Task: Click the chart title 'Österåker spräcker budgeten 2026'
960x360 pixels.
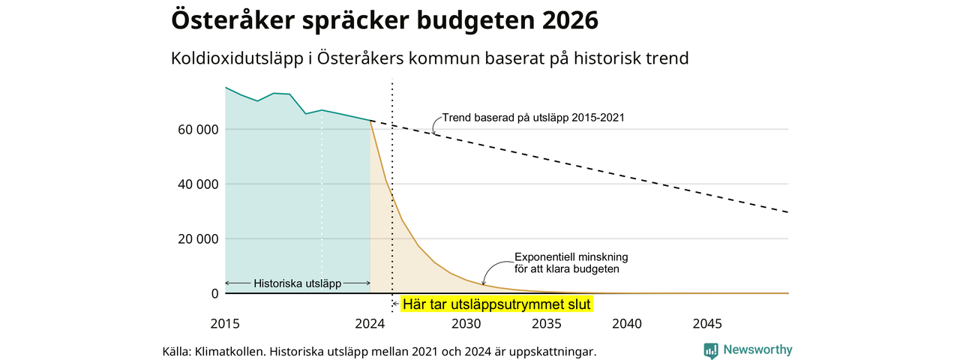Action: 385,20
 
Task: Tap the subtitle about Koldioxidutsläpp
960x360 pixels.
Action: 430,58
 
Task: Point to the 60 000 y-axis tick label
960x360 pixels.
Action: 198,130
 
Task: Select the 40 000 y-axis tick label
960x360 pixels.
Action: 198,184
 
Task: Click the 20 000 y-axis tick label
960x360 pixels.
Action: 198,239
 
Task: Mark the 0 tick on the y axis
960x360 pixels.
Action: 214,293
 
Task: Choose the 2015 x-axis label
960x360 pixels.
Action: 225,324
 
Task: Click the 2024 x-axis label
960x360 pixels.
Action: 370,324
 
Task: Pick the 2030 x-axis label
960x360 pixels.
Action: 466,324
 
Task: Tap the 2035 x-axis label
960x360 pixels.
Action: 547,324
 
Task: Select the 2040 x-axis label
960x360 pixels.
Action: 627,324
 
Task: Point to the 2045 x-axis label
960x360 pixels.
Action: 707,324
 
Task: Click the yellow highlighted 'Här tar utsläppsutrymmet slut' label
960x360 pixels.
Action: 496,304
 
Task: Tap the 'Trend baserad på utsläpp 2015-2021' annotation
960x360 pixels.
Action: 533,118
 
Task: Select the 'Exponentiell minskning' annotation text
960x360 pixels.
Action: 571,257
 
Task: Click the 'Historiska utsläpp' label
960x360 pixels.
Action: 298,283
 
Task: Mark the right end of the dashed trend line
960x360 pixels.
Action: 787,212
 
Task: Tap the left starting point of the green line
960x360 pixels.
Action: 226,88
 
